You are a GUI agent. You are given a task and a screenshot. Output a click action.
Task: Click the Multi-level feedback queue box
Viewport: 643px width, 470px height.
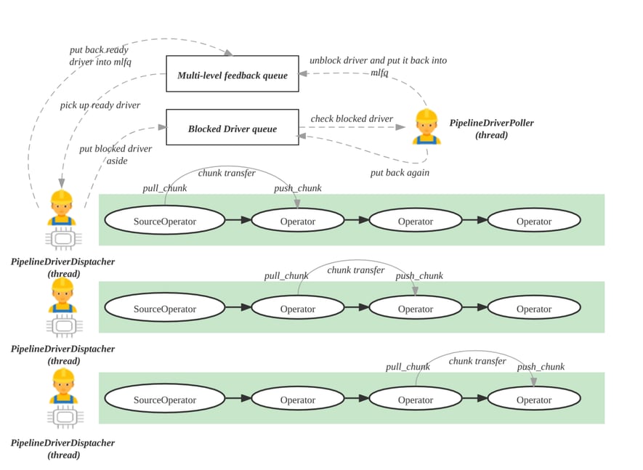(232, 74)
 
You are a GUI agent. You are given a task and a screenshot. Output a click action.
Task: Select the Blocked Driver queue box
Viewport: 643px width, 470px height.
(232, 128)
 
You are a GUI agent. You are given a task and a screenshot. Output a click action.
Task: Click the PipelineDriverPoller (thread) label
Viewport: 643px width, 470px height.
(491, 129)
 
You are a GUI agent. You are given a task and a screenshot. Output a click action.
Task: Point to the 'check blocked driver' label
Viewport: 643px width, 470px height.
(352, 118)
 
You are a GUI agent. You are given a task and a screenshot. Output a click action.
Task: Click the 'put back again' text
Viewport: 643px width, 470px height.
(400, 172)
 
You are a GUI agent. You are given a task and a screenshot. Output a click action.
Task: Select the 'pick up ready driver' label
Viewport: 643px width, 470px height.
(100, 105)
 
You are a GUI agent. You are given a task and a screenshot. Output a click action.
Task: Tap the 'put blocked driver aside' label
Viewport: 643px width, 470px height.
(116, 154)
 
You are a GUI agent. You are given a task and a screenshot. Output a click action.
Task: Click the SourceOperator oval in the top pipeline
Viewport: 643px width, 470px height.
(165, 221)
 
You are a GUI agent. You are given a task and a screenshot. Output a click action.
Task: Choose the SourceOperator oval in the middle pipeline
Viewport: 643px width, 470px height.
(165, 309)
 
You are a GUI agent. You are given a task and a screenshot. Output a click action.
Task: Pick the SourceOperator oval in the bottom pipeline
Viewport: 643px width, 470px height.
(165, 400)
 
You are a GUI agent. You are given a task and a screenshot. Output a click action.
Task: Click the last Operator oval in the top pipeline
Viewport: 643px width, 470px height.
(534, 221)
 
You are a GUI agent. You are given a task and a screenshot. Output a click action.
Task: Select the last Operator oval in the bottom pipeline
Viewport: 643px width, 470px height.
(534, 400)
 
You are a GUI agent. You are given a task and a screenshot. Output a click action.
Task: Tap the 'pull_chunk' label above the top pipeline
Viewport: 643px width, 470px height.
(164, 188)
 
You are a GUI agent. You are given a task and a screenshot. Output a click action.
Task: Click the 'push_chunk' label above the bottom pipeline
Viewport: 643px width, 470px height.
(541, 367)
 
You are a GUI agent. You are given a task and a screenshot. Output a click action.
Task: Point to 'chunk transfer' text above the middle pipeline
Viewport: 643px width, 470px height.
(356, 270)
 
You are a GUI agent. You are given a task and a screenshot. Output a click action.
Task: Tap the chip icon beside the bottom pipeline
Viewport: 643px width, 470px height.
(64, 418)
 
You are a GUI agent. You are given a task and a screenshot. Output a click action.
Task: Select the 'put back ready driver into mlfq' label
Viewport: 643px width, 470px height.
(100, 56)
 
